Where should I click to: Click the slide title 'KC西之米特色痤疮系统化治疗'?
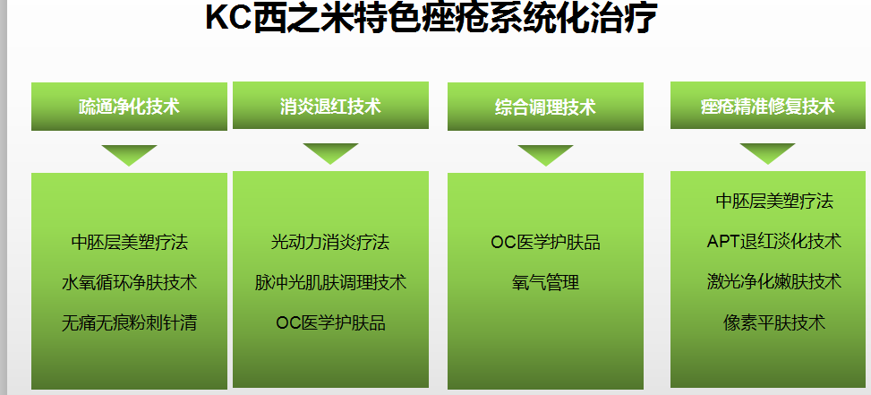coord(431,18)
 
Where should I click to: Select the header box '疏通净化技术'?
coord(130,107)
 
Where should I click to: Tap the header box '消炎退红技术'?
coord(330,106)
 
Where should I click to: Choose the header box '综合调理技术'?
coord(545,107)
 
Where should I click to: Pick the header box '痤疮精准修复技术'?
coord(768,106)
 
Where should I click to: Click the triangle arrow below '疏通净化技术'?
coord(130,153)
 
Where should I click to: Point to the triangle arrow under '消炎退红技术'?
coord(330,151)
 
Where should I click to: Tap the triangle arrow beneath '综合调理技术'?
coord(545,153)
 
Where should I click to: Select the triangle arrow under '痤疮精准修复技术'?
coord(768,151)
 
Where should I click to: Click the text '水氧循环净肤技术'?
coord(130,283)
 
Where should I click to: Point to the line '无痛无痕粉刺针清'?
coord(130,322)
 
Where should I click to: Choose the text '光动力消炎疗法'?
coord(330,242)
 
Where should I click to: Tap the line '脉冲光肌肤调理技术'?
coord(330,283)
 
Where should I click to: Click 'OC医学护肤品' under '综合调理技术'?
coord(545,242)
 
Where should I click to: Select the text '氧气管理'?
coord(545,283)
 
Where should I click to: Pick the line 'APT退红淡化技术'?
coord(774,242)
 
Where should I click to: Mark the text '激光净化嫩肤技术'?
coord(774,282)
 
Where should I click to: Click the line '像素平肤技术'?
coord(774,322)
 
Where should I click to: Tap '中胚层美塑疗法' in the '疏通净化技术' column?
coord(130,242)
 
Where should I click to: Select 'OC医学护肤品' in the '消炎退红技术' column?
coord(330,322)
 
